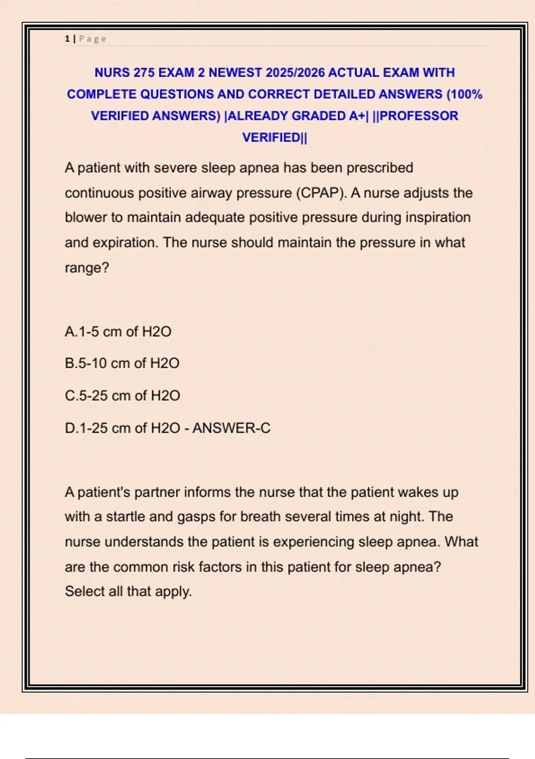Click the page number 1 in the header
pos(67,39)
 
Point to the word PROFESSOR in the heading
pos(419,116)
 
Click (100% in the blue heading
pos(464,94)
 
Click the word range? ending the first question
pos(87,268)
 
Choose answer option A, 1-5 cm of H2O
pos(118,332)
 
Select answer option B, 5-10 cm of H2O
pos(122,363)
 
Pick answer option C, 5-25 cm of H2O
pos(122,396)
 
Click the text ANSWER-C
pos(231,428)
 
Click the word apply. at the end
pos(173,592)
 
